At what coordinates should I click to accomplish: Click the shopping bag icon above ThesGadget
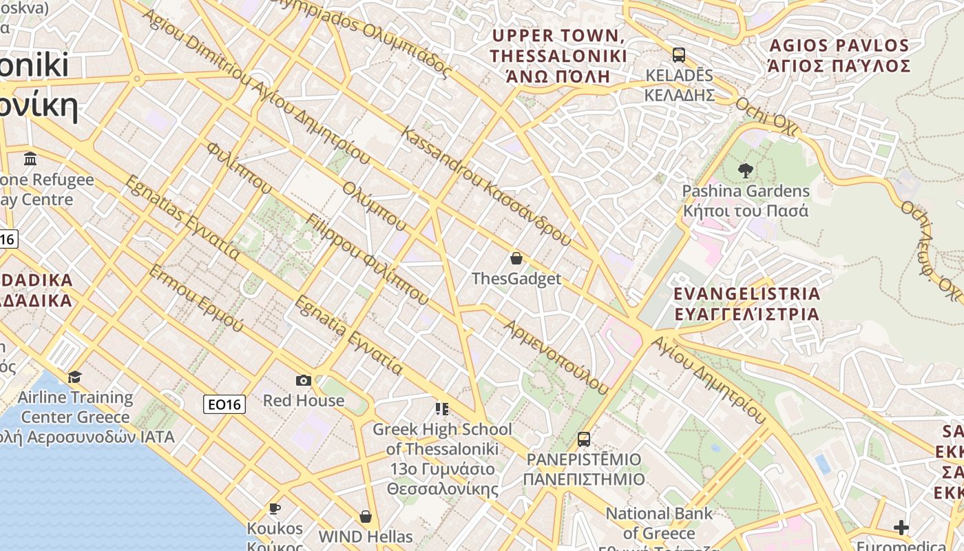tap(516, 258)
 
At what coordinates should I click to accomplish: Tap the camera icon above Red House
tap(303, 380)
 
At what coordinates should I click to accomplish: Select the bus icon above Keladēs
tap(679, 54)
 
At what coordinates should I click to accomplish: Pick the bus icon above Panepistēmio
tap(584, 439)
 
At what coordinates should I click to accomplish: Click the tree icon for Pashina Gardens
tap(745, 170)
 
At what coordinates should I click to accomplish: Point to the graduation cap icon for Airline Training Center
tap(74, 377)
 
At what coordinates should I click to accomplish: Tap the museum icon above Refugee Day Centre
tap(30, 159)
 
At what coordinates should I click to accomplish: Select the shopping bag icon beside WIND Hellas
tap(366, 516)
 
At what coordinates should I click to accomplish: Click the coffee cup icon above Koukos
tap(275, 508)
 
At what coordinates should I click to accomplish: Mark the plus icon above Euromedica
tap(901, 528)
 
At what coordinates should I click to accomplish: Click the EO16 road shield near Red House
tap(224, 404)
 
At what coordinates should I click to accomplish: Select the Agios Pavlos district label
tap(839, 56)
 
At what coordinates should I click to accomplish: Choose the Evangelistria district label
tap(746, 304)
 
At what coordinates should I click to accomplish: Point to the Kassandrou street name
tap(486, 187)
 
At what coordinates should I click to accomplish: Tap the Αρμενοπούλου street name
tap(556, 357)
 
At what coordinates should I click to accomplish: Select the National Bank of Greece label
tap(659, 523)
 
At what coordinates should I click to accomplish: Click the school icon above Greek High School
tap(442, 409)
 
